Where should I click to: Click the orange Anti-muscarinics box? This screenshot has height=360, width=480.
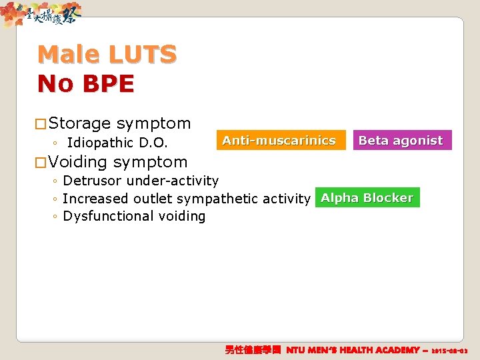tap(279, 141)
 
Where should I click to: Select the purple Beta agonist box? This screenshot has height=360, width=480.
tap(401, 141)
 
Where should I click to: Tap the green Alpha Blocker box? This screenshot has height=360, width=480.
tap(367, 198)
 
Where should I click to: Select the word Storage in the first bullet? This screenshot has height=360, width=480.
tap(79, 123)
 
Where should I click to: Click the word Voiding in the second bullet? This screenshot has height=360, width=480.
tap(78, 162)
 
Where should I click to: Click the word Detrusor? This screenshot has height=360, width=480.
tap(93, 181)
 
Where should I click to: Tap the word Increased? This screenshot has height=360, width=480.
tap(95, 199)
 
